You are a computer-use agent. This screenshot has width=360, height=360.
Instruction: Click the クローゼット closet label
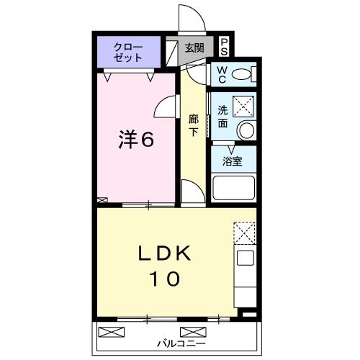(x=128, y=53)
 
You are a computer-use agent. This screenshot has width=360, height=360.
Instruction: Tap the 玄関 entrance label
(x=194, y=48)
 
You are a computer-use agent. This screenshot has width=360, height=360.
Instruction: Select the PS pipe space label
(x=225, y=47)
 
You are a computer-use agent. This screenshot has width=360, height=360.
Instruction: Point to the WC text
(x=222, y=75)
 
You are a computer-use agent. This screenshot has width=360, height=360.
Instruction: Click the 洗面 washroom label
(x=222, y=117)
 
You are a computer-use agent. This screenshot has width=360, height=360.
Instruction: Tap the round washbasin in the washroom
(x=246, y=130)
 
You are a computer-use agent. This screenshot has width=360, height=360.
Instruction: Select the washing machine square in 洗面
(x=243, y=107)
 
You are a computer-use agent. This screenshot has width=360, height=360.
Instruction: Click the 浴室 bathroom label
(x=232, y=161)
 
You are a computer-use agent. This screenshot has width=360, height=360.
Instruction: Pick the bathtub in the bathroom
(x=234, y=188)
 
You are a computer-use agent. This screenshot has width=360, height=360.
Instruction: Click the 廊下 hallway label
(x=194, y=125)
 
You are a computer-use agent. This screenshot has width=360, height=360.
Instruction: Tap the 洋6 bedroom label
(x=136, y=140)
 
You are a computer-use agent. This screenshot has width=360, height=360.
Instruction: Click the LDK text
(x=165, y=253)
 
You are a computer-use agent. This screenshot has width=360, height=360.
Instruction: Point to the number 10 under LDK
(x=165, y=279)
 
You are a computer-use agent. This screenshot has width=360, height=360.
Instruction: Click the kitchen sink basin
(x=246, y=258)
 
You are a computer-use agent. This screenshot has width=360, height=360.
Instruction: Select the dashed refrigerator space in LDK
(x=245, y=233)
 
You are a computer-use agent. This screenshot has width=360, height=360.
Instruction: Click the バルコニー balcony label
(x=181, y=343)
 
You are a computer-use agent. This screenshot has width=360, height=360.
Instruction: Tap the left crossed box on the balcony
(x=112, y=332)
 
